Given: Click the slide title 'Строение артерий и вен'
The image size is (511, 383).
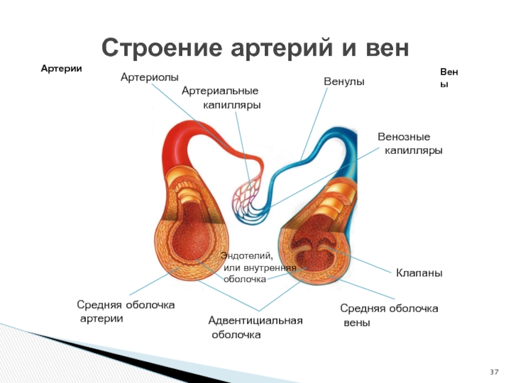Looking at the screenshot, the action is tap(254, 47).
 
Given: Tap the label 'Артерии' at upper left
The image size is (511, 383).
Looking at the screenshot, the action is tap(62, 68).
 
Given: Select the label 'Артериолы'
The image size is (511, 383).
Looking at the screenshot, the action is tap(149, 77).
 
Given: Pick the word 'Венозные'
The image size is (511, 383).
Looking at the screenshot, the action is tap(404, 137).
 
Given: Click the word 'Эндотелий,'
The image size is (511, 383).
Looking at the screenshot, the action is tap(247, 255).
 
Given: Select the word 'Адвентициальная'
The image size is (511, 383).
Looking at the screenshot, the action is tap(256, 320).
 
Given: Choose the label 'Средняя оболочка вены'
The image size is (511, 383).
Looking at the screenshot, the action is tap(388, 315).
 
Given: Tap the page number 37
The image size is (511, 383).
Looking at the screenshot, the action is tap(494, 372).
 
